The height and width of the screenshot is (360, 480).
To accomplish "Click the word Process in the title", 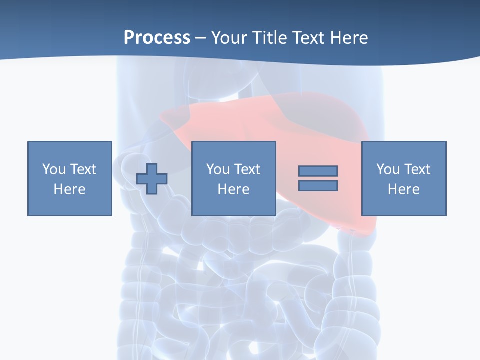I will pos(157,37).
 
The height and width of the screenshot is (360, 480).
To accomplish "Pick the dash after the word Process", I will pos(201,38).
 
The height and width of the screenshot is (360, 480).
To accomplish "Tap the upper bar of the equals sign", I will pos(318,171).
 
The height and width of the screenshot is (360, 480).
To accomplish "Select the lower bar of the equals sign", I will pos(318,185).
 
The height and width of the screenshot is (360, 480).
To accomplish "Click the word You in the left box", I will pos(54,169).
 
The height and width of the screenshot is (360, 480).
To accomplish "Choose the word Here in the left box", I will pos(69,189).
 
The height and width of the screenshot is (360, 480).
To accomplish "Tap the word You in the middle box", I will pos(218,169).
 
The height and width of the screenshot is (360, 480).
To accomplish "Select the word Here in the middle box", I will pos(233,189).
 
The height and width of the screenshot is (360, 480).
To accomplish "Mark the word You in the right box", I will pos(388,169).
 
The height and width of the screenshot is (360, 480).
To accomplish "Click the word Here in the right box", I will pos(403,189).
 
